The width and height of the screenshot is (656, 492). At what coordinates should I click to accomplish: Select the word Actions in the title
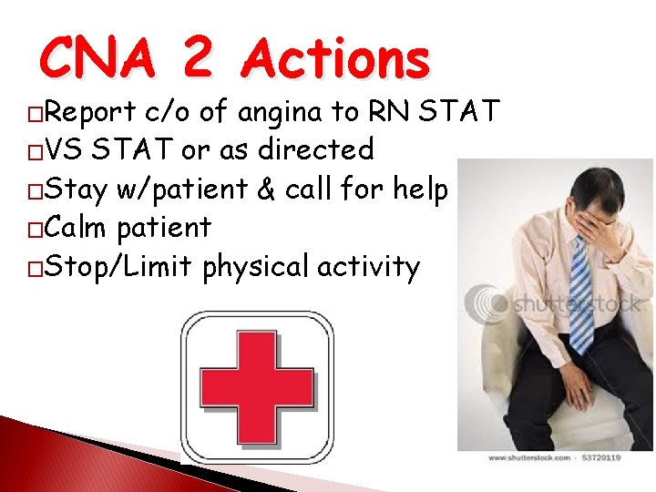(x=335, y=59)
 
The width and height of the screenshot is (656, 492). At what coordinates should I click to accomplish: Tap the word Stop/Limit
(x=118, y=267)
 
